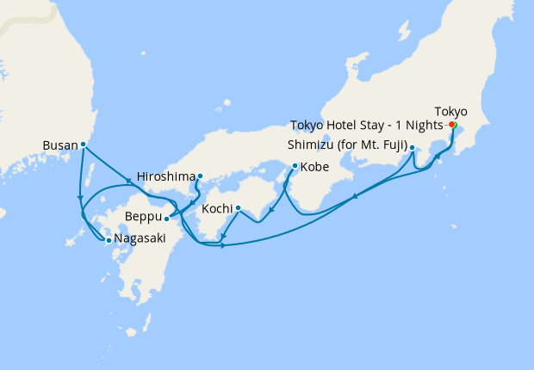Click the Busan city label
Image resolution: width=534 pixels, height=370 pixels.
[59, 145]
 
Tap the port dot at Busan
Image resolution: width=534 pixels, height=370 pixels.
[83, 145]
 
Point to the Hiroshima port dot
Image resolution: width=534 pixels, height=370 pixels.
[200, 176]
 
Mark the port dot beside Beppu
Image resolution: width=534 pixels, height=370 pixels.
[166, 219]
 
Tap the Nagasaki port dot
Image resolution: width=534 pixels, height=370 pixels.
[109, 241]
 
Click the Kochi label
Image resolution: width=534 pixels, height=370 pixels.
[216, 208]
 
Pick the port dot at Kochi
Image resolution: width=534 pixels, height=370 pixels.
[238, 207]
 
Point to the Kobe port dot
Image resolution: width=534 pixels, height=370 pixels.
[295, 165]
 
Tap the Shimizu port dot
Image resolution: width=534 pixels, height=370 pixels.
[413, 147]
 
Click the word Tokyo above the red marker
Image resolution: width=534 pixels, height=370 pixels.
[451, 112]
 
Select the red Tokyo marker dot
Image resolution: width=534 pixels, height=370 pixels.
[452, 124]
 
